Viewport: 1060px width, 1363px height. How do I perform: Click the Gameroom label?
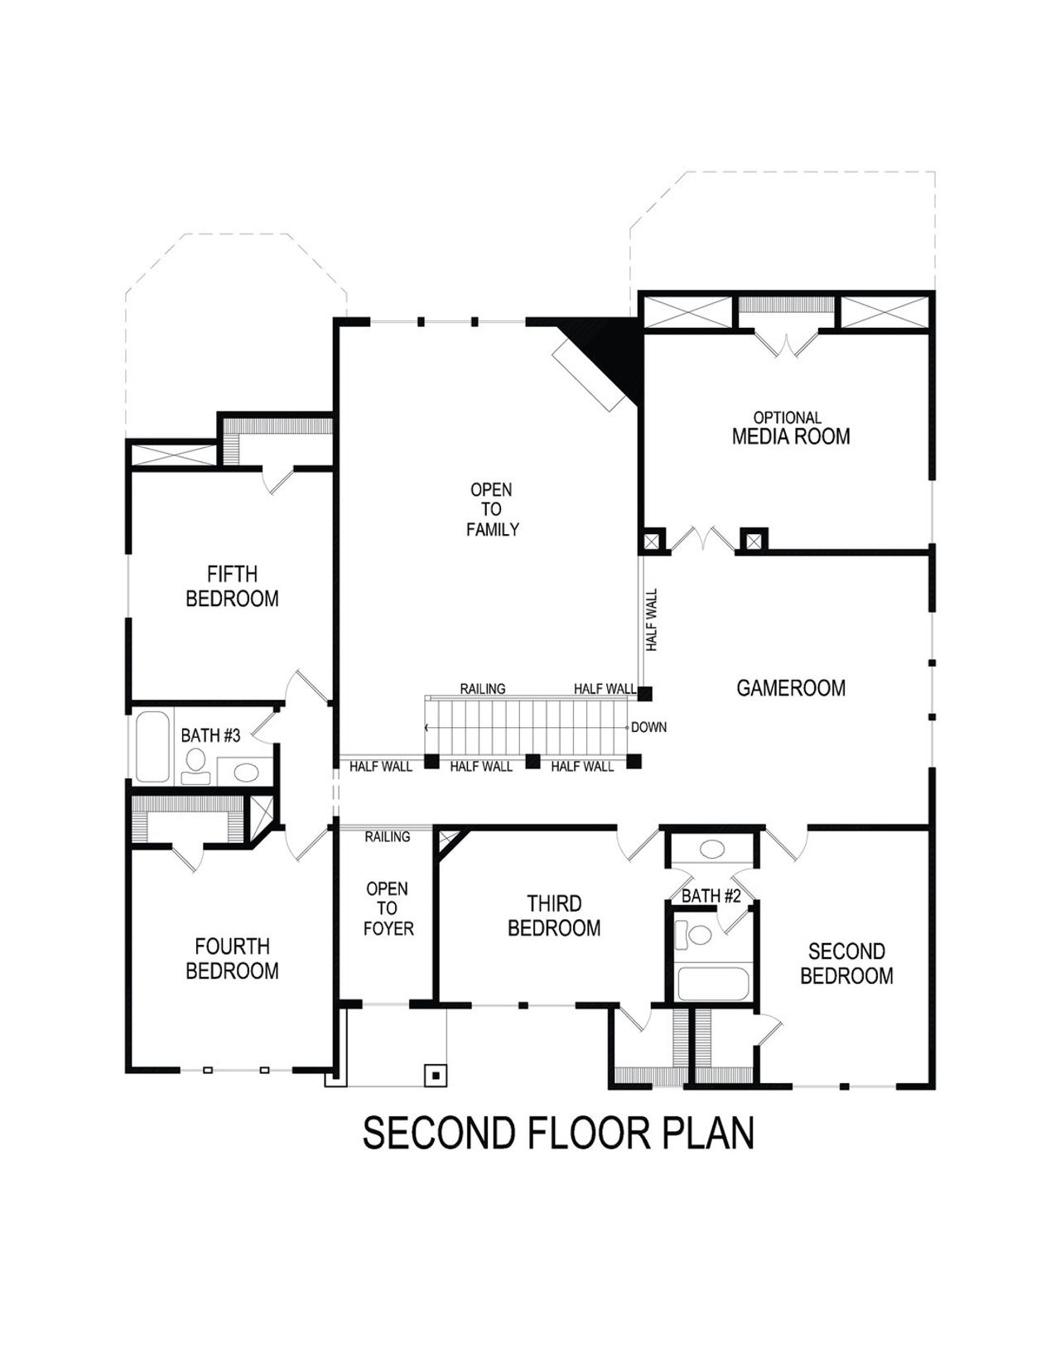pos(791,688)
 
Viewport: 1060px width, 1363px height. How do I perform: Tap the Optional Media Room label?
pos(790,429)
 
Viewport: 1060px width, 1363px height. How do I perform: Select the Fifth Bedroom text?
pos(232,586)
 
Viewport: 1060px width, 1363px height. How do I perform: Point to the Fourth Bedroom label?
pos(232,958)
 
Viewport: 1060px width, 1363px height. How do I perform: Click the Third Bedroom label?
pos(554,916)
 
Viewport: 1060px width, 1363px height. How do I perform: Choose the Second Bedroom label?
pos(846,964)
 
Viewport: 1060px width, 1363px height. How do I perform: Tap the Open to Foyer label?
pos(388,908)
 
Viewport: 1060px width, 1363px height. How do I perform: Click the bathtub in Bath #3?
pos(152,746)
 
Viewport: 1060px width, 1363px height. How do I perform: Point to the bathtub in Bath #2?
pos(713,984)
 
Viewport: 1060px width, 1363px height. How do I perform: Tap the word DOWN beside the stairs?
pos(648,728)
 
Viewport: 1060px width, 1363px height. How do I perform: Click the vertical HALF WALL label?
pos(652,619)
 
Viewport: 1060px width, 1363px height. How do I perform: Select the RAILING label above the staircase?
pos(483,689)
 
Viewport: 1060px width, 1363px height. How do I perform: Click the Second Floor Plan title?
pos(558,1133)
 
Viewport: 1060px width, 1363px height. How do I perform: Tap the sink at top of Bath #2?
pos(712,849)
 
